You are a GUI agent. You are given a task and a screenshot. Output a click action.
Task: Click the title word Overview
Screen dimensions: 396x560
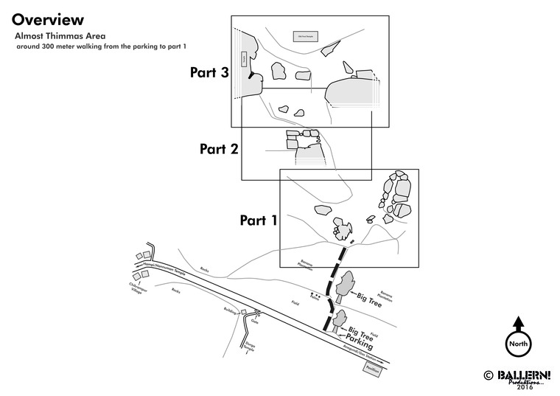tap(48, 20)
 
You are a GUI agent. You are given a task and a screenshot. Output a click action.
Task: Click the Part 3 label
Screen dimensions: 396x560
tap(209, 73)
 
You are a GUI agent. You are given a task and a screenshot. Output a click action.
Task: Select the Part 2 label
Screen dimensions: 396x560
tap(219, 149)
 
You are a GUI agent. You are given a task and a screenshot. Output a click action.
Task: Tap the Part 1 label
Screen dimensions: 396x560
tap(259, 220)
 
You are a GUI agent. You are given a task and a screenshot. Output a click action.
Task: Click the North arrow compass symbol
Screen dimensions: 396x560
tap(518, 338)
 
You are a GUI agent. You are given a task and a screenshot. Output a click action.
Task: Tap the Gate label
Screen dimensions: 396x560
tap(255, 321)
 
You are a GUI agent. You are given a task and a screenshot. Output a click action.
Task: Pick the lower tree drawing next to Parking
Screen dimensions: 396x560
tap(340, 320)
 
